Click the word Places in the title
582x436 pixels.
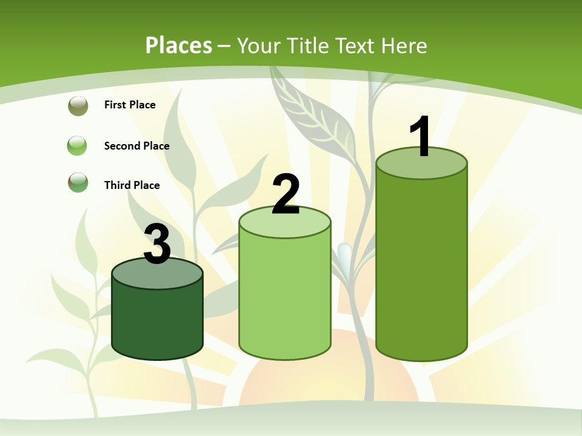(x=179, y=45)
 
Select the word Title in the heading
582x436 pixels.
(x=309, y=45)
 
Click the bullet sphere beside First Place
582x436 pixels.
(x=78, y=106)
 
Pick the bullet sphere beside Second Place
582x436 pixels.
(x=78, y=146)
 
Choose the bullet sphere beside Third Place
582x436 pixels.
(x=78, y=183)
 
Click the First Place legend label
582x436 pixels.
(x=130, y=105)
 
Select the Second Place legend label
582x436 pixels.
(x=136, y=146)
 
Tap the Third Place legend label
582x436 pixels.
(x=132, y=185)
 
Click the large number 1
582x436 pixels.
(x=421, y=136)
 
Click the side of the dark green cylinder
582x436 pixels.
(x=157, y=321)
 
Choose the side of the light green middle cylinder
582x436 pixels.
(x=285, y=297)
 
